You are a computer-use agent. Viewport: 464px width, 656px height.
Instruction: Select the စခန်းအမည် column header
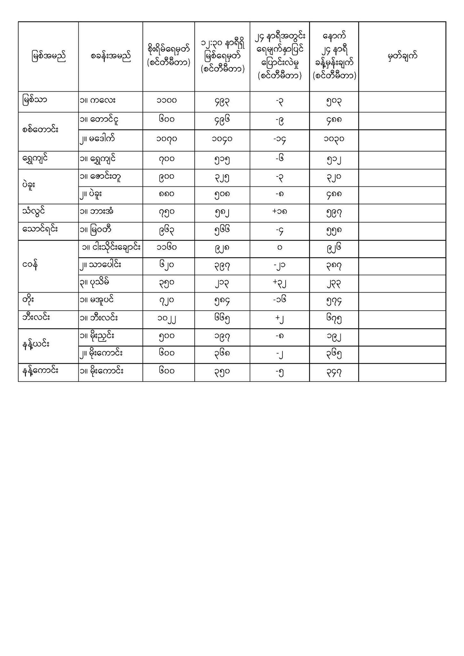point(111,57)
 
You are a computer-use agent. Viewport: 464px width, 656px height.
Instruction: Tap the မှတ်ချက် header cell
point(402,57)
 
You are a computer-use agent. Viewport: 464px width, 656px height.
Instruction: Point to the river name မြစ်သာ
point(35,100)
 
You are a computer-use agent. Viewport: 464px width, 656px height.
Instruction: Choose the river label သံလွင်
point(34,211)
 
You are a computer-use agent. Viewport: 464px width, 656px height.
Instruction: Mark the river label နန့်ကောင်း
point(40,371)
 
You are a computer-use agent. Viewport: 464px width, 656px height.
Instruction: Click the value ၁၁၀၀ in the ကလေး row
point(167,101)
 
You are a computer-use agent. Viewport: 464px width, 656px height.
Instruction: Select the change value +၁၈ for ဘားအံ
point(280,212)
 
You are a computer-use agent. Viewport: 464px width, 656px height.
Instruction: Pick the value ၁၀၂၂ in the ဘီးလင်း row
point(167,319)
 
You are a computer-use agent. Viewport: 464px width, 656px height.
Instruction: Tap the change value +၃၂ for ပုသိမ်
point(280,283)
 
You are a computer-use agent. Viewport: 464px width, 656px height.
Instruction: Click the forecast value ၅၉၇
point(334,212)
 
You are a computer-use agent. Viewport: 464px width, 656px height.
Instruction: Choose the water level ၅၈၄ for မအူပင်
point(222,301)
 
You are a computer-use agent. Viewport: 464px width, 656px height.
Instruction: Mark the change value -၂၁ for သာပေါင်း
point(280,266)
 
